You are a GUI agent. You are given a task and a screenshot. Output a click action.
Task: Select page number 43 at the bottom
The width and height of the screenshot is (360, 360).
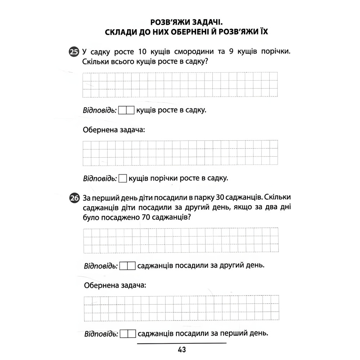181,350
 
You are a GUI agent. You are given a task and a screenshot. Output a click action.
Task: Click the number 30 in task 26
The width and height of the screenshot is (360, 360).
219,198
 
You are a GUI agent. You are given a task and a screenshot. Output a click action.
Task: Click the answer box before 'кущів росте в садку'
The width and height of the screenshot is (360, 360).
126,110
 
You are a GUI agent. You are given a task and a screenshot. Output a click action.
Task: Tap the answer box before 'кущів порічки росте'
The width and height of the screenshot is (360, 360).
123,178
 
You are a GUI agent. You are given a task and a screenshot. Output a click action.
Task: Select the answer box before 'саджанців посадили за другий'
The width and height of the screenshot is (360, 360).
127,266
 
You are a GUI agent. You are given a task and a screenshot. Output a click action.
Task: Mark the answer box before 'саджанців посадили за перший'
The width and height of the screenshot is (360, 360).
127,334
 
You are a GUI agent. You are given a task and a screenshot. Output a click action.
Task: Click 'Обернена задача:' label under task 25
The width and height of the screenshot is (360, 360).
114,130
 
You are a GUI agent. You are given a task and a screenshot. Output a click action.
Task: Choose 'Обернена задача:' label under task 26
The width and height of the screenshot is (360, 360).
115,286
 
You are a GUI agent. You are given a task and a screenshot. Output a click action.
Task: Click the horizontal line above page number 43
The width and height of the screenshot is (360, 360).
181,343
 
